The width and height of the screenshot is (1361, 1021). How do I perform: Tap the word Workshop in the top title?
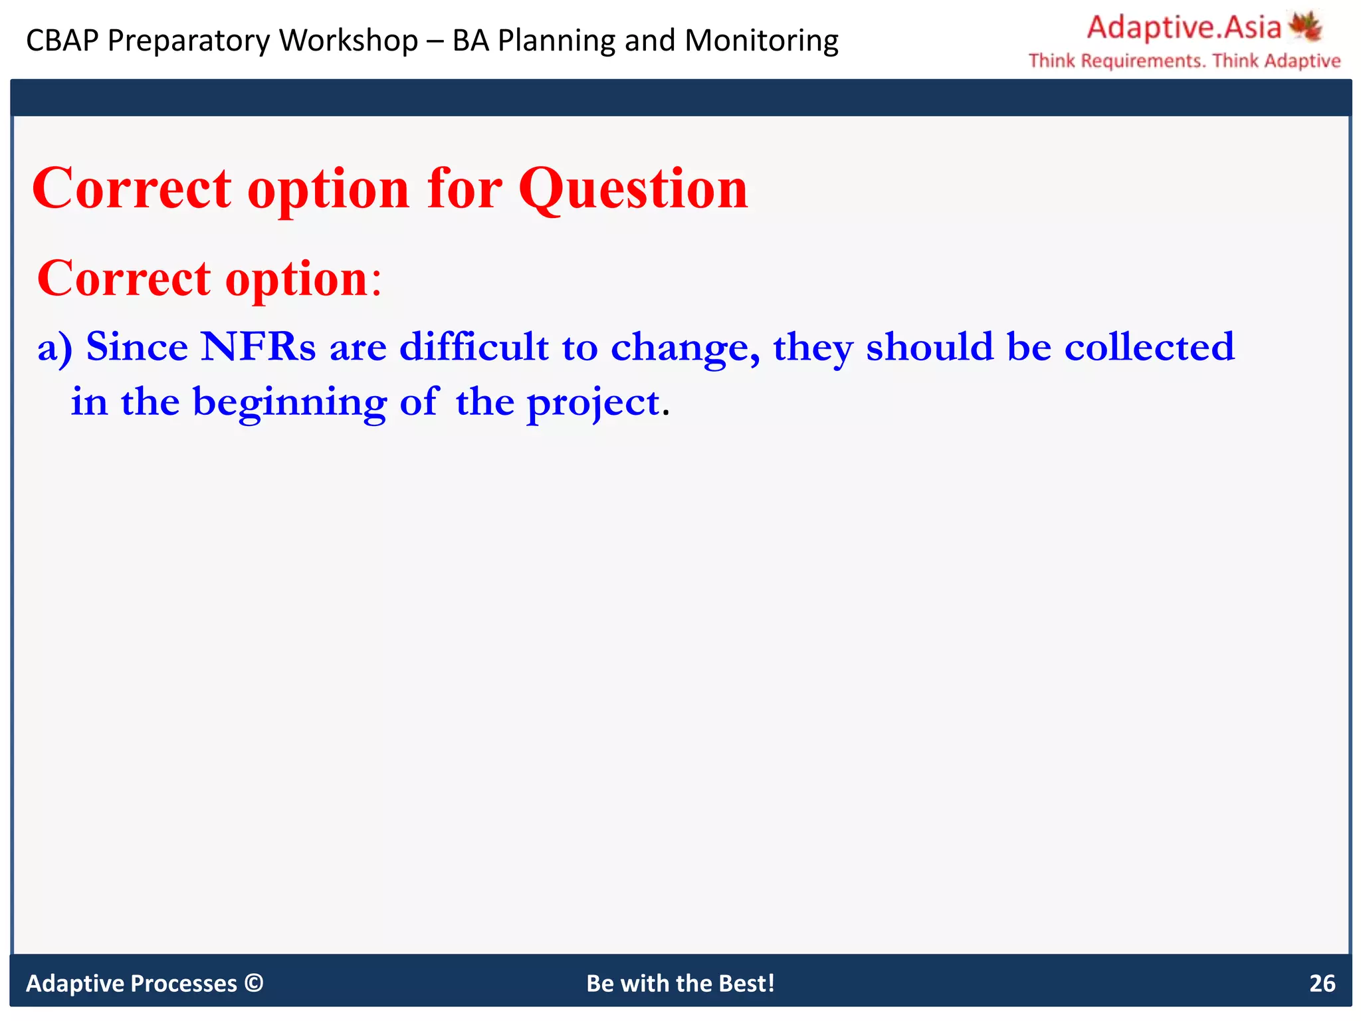click(x=348, y=41)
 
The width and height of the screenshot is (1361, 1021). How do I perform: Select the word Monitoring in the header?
click(x=762, y=41)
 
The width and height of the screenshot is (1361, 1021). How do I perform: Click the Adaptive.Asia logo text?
click(x=1184, y=28)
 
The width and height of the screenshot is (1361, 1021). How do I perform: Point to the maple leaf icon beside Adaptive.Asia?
click(x=1306, y=27)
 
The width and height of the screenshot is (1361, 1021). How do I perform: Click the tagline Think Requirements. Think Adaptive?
click(x=1184, y=61)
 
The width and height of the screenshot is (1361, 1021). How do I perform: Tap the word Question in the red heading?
click(x=633, y=189)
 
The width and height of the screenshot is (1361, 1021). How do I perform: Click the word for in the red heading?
click(x=465, y=189)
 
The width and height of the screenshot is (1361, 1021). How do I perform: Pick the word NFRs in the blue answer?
click(x=258, y=347)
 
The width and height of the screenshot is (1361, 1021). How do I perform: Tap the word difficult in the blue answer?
click(x=474, y=347)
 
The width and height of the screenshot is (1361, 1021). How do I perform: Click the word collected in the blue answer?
click(x=1149, y=347)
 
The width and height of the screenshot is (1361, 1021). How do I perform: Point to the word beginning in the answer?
click(x=289, y=403)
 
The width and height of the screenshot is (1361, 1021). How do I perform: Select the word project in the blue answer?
click(x=593, y=403)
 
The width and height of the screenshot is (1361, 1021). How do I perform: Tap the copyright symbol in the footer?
click(x=254, y=982)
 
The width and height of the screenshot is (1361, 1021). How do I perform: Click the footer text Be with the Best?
click(x=680, y=983)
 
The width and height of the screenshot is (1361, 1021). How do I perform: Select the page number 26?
click(x=1322, y=983)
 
